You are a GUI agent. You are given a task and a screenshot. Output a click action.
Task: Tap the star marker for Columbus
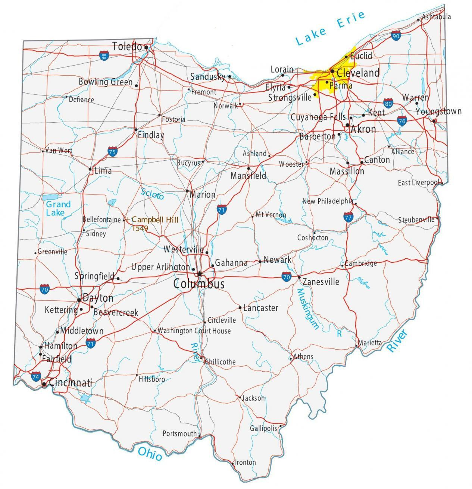(x=200, y=274)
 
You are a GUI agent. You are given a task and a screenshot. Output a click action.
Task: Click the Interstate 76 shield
(x=401, y=120)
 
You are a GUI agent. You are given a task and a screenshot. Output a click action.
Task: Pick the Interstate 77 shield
(x=348, y=217)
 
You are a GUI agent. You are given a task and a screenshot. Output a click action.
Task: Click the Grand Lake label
(x=58, y=209)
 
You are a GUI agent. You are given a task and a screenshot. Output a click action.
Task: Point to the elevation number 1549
(x=140, y=228)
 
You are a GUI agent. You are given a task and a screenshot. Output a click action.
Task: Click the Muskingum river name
(x=308, y=309)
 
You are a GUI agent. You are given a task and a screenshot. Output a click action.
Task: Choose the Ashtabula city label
(x=436, y=16)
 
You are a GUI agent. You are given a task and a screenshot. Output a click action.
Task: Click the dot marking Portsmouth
(x=200, y=436)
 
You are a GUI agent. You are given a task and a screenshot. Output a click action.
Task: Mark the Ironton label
(x=245, y=462)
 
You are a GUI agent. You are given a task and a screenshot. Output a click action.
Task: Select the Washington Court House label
(x=194, y=331)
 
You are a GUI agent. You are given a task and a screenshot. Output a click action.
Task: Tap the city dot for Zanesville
(x=299, y=277)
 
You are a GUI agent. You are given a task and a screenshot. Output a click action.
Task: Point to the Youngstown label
(x=438, y=111)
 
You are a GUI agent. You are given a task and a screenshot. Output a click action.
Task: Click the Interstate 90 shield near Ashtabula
(x=396, y=36)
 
